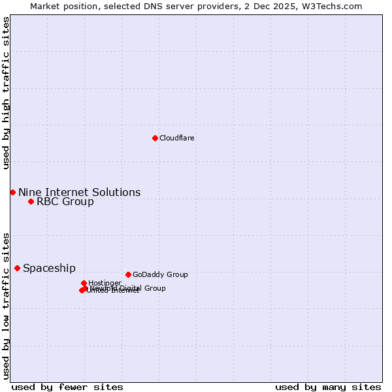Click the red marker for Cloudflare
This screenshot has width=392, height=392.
point(155,138)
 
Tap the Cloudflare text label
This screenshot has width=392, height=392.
point(176,138)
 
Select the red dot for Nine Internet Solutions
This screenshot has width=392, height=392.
point(12,192)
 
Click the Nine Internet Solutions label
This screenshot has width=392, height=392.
point(79,192)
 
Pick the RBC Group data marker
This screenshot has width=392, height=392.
point(31,201)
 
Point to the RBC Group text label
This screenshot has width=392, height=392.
point(65,201)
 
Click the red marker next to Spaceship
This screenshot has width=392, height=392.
point(17,268)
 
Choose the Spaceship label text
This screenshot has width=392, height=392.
point(49,268)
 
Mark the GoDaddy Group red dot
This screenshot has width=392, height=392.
point(128,274)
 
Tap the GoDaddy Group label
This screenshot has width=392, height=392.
point(159,274)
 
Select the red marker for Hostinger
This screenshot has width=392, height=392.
point(84,283)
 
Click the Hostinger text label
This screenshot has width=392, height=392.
point(105,283)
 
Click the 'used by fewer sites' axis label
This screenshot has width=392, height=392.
point(67,387)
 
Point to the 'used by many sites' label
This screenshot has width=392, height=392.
point(328,387)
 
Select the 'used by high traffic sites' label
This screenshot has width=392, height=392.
point(6,93)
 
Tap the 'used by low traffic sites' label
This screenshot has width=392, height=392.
point(6,305)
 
